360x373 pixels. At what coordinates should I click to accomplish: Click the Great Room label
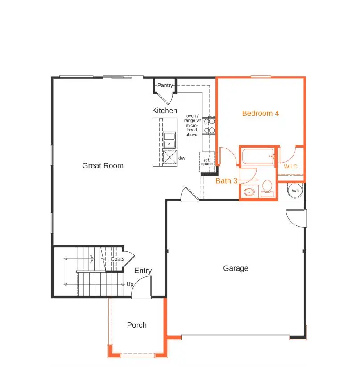click(103, 166)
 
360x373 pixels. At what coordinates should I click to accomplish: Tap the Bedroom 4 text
click(261, 114)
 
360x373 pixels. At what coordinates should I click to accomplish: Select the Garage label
click(236, 268)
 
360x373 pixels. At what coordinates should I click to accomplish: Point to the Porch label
click(137, 325)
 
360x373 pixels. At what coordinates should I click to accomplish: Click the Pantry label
click(165, 85)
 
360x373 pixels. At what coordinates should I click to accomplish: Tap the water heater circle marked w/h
click(295, 191)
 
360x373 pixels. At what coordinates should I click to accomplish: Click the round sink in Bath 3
click(249, 193)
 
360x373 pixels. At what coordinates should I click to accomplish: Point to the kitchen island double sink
click(169, 140)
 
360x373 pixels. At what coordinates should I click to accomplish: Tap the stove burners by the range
click(209, 125)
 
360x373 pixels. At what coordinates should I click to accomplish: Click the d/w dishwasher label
click(182, 158)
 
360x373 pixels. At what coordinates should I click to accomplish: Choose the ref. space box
click(207, 162)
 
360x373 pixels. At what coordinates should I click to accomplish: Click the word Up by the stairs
click(130, 284)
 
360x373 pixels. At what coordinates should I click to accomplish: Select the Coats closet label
click(117, 259)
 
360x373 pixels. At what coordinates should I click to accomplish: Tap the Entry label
click(143, 271)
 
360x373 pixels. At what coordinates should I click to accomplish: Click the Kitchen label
click(165, 111)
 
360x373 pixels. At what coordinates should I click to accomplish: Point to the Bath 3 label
click(227, 181)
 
